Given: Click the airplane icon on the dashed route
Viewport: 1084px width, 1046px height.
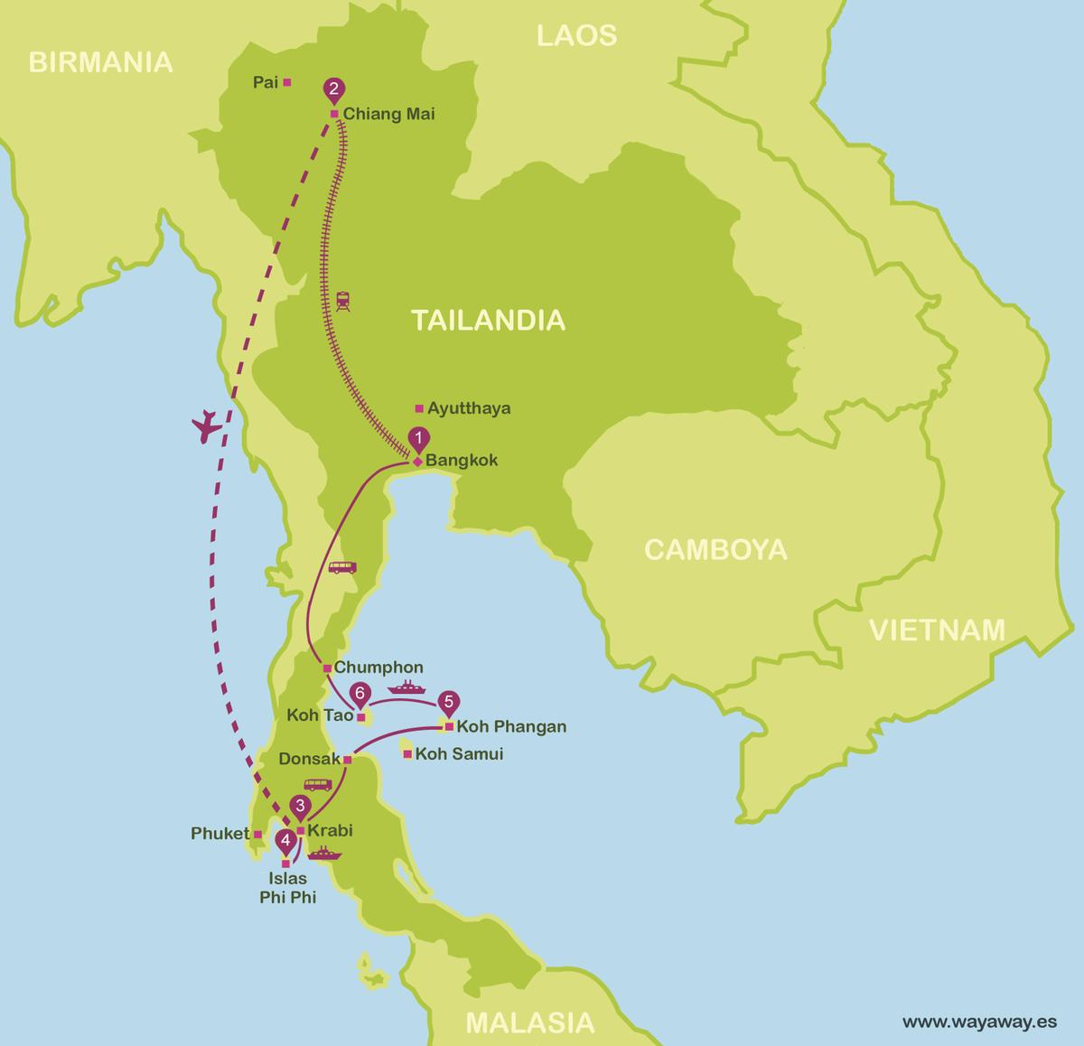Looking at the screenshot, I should coord(208,426).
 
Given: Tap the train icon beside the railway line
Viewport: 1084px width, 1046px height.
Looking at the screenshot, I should coord(343,301).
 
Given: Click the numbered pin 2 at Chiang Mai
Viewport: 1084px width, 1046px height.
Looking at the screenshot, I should coord(333,89).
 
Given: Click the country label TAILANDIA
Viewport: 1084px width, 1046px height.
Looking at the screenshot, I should coord(488,320).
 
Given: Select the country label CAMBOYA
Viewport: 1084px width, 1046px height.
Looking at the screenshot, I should coord(715,549).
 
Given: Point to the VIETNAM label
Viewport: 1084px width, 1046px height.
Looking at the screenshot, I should coord(937,630).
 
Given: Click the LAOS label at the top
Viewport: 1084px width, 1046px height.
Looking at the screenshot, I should coord(576,35).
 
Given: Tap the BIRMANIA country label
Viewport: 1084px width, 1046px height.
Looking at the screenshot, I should coord(100,61).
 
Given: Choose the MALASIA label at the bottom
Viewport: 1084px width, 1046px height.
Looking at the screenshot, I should coord(529,1022).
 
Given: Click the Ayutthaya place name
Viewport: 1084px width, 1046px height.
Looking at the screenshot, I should coord(469,408).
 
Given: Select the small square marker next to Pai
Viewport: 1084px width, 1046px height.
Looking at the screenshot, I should coord(287,82).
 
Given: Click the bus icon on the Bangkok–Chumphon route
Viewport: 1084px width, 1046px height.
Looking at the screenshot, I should coord(341,568).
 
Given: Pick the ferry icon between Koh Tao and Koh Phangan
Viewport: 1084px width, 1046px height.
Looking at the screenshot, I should coord(405,688).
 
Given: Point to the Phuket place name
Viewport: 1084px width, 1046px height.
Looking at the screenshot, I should coord(220,834).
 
